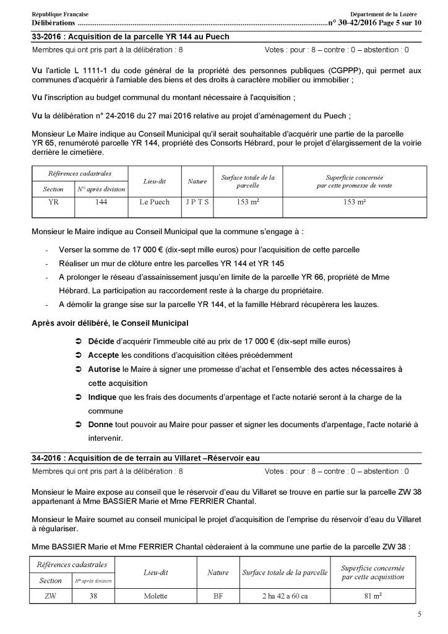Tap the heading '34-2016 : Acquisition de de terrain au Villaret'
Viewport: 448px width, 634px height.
point(145,458)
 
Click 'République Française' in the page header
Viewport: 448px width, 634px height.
point(59,14)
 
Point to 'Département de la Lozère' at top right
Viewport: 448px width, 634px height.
point(383,14)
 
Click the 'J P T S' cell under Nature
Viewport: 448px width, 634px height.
point(197,202)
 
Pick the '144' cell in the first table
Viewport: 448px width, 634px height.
point(101,202)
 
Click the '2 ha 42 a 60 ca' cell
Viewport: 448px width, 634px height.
point(284,597)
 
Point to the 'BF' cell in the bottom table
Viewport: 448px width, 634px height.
point(218,597)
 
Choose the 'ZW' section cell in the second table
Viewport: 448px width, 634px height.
point(50,597)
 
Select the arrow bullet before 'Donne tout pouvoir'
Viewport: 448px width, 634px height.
point(77,425)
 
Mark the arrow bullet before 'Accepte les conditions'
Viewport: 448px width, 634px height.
point(77,355)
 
